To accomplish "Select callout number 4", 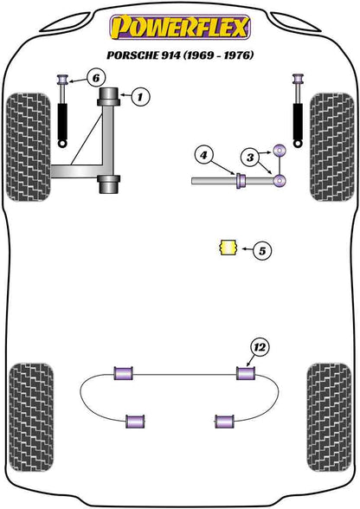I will [x=203, y=156].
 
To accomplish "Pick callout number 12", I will [x=259, y=348].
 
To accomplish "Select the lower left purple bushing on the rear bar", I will [x=134, y=421].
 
